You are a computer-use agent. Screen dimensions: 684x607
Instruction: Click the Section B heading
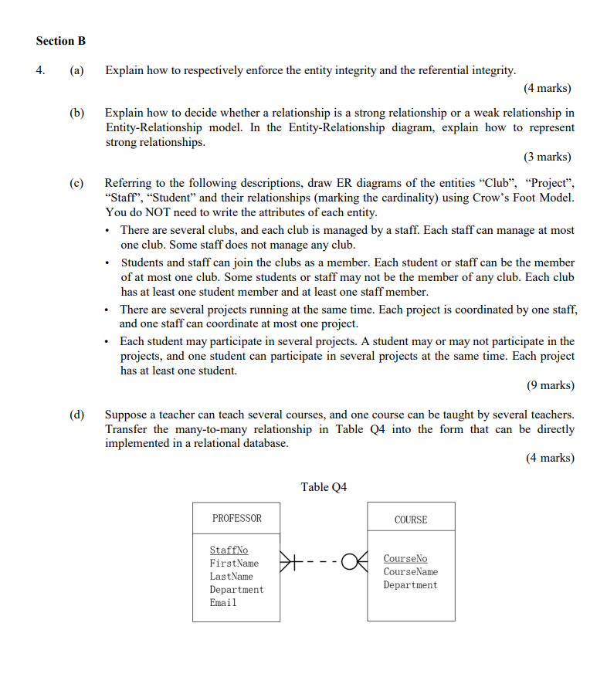(x=60, y=41)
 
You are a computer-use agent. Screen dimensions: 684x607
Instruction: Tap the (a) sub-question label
(x=76, y=71)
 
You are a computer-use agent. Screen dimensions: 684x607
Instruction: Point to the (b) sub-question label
(x=76, y=113)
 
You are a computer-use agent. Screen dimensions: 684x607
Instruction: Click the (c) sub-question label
(x=76, y=184)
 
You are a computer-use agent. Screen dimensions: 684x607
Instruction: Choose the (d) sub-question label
(x=76, y=415)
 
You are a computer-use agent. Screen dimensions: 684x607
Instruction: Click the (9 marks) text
(x=550, y=385)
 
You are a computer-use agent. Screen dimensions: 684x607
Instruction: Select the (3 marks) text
(x=548, y=157)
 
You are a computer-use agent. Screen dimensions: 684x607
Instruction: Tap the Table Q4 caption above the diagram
(x=324, y=486)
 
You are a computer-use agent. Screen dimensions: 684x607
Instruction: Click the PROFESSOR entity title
(x=236, y=519)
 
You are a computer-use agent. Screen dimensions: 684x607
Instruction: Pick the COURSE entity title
(x=410, y=520)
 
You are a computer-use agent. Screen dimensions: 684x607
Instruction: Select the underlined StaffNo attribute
(x=229, y=550)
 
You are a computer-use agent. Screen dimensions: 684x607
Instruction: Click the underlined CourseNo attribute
(x=405, y=558)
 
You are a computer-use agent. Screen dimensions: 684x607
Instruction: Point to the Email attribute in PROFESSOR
(x=223, y=603)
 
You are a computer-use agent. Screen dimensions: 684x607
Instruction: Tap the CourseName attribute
(x=410, y=571)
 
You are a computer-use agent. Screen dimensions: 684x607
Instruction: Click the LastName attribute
(x=231, y=577)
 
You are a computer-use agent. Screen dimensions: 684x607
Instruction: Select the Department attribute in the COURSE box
(x=410, y=584)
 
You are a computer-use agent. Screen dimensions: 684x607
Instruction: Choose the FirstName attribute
(x=234, y=564)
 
